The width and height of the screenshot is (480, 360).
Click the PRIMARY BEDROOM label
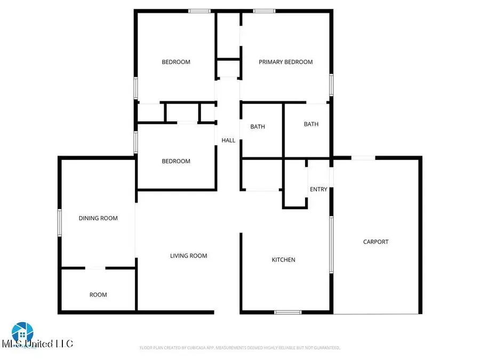tap(285, 62)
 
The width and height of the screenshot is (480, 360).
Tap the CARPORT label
tap(375, 242)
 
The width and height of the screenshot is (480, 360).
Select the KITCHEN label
tap(283, 260)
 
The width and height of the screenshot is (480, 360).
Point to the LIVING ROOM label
tap(188, 255)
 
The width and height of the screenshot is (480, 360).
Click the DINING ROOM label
tap(98, 218)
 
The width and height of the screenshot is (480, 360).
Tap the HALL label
tap(228, 140)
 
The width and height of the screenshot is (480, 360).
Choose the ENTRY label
tap(318, 189)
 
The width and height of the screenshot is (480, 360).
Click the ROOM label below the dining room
tap(98, 294)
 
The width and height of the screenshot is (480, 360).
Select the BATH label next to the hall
tap(258, 127)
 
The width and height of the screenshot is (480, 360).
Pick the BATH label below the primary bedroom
tap(311, 124)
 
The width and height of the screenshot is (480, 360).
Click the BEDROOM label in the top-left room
tap(175, 62)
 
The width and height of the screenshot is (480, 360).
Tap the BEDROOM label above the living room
tap(175, 161)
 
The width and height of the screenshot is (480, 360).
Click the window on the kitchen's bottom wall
tap(288, 312)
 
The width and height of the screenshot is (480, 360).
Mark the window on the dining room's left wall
tap(60, 222)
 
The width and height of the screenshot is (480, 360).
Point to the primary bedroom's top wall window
tap(264, 11)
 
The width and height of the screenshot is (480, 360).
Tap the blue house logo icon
tap(22, 331)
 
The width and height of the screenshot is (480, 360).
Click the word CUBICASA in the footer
tap(195, 348)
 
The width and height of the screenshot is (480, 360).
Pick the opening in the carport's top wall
tap(363, 158)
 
